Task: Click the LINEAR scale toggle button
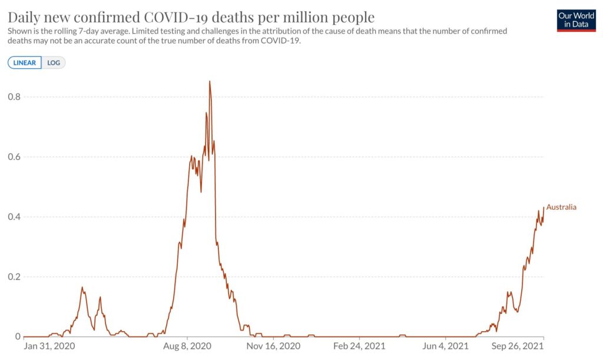click(25, 62)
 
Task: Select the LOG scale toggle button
click(54, 62)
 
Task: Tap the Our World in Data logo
click(576, 21)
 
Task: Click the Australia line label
click(561, 207)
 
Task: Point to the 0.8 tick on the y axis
click(14, 97)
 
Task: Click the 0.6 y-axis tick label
click(14, 157)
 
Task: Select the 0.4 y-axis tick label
click(14, 217)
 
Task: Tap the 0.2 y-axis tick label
click(14, 277)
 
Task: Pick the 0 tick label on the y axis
click(18, 336)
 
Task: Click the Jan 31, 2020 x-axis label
click(49, 346)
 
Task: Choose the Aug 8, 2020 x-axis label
click(187, 346)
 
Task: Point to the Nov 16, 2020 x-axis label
click(273, 346)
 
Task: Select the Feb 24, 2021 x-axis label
click(359, 346)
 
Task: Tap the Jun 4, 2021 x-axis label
click(445, 346)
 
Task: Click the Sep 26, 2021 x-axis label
click(518, 346)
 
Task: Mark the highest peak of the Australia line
click(210, 81)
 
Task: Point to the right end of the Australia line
click(544, 207)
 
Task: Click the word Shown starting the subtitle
click(18, 31)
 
